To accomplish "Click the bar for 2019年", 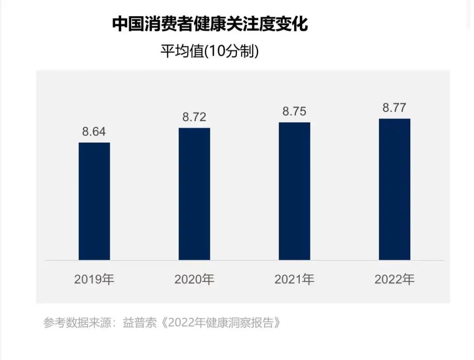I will coord(94,201).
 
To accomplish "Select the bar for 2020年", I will coord(194,194).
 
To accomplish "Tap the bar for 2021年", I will coord(294,191).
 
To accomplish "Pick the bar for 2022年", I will coord(394,189).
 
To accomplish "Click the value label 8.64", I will coord(94,132).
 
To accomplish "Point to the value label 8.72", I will coord(194,117).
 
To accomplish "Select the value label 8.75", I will coord(294,111).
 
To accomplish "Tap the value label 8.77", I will coord(394,108).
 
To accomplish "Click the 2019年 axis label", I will coord(94,279).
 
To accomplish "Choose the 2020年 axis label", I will coord(194,279).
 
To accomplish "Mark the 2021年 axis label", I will coord(294,279).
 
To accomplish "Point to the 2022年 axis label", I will coord(394,279).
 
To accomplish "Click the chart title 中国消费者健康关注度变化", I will coord(210,25).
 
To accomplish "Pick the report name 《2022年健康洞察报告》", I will coord(222,323).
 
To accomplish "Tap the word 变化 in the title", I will coord(298,25).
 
